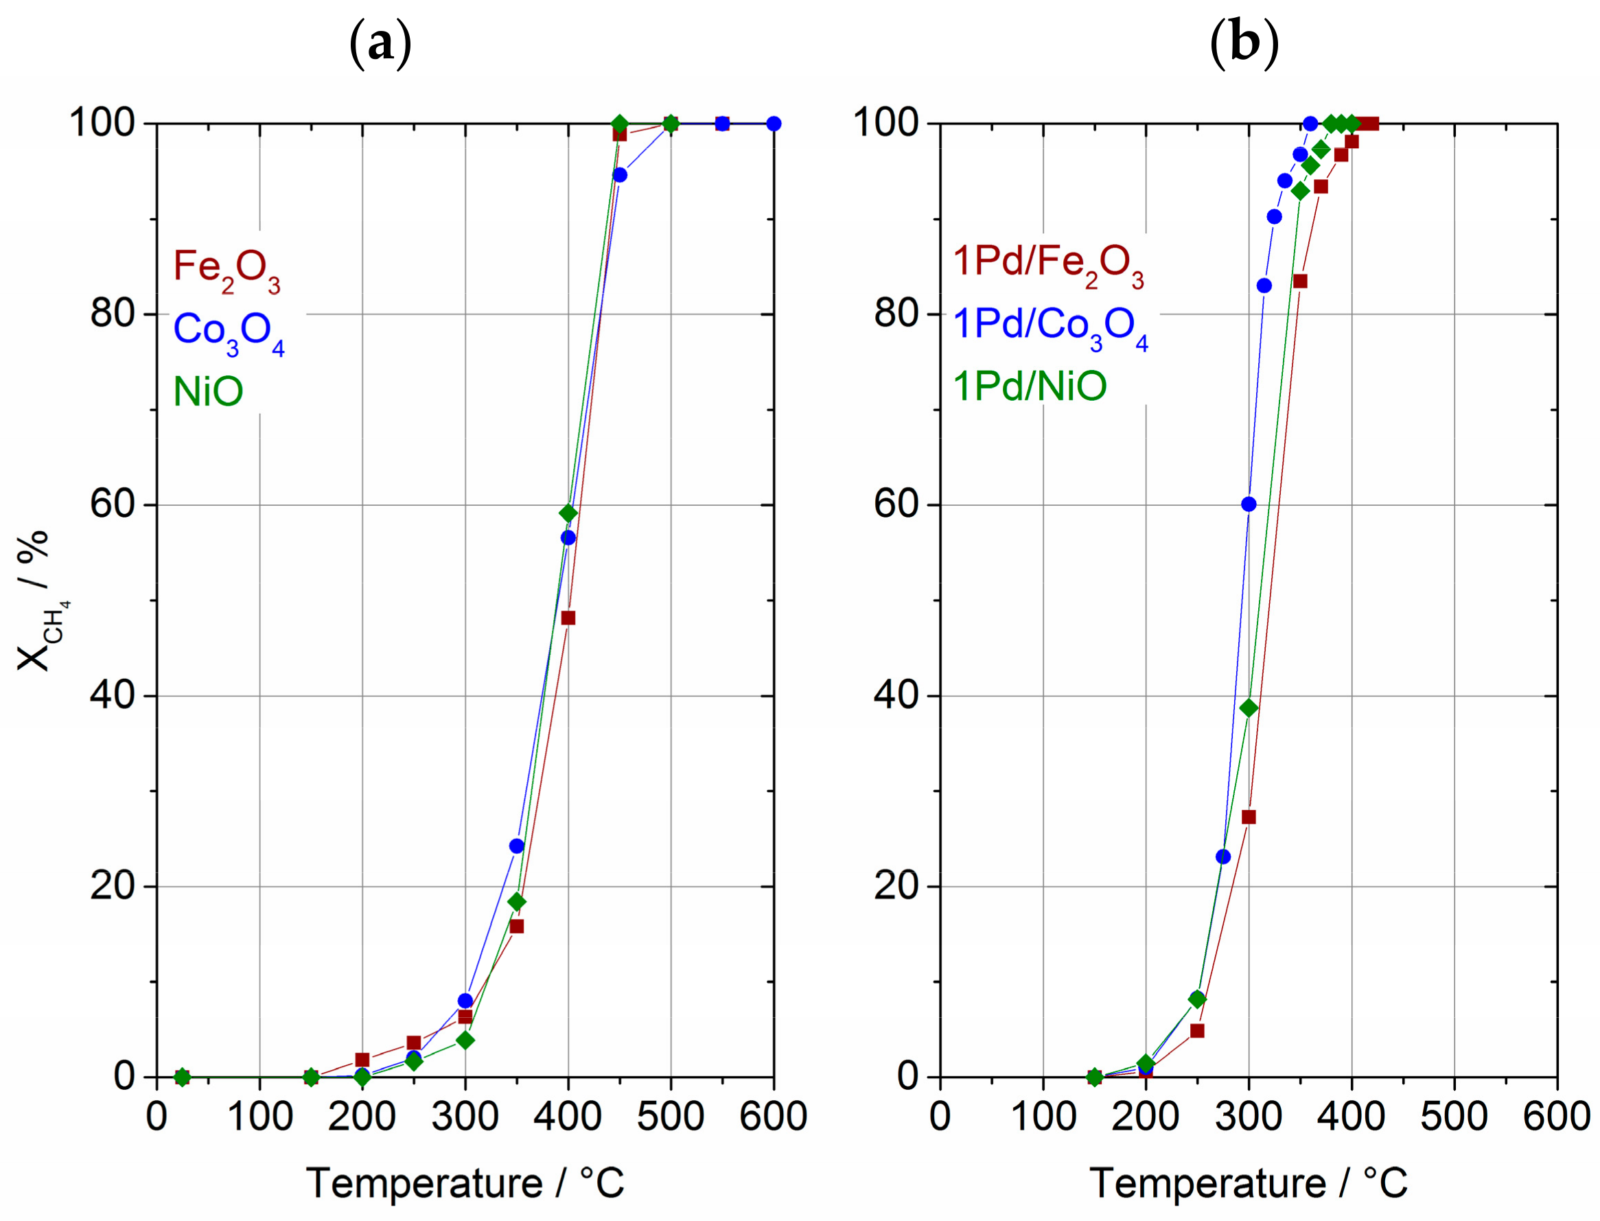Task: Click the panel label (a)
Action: (x=380, y=45)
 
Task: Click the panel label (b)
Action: (x=1244, y=45)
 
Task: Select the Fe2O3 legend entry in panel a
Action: (x=227, y=270)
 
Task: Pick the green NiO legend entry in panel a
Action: (x=208, y=392)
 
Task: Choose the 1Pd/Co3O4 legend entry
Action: (x=1050, y=326)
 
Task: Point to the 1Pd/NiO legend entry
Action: (x=1030, y=386)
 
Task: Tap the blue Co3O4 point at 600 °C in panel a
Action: (x=774, y=124)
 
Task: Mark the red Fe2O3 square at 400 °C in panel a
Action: (x=568, y=618)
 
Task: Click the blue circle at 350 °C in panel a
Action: (x=517, y=846)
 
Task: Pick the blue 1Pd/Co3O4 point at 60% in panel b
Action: (x=1249, y=504)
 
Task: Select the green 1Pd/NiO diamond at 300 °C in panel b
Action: (x=1249, y=708)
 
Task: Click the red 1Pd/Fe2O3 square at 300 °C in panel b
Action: (x=1249, y=817)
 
